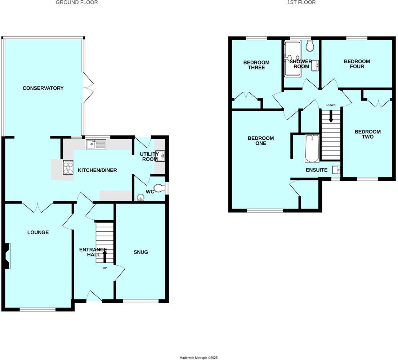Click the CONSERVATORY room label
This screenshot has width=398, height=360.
point(43,88)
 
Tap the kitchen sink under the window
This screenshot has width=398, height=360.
point(96,145)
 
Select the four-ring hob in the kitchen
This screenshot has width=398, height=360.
point(68,167)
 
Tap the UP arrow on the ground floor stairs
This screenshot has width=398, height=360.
point(105,257)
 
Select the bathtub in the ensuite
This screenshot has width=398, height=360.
point(312,148)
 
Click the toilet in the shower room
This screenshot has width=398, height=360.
point(310,46)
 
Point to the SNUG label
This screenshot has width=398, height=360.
point(141,252)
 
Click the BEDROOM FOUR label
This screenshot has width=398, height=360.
point(357,64)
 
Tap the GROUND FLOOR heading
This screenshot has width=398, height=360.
point(77,3)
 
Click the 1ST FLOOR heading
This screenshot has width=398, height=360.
point(301,3)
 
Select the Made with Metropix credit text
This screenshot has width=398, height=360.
point(198,357)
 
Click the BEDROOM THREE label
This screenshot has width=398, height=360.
point(256,65)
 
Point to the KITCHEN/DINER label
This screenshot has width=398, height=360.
point(97,170)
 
